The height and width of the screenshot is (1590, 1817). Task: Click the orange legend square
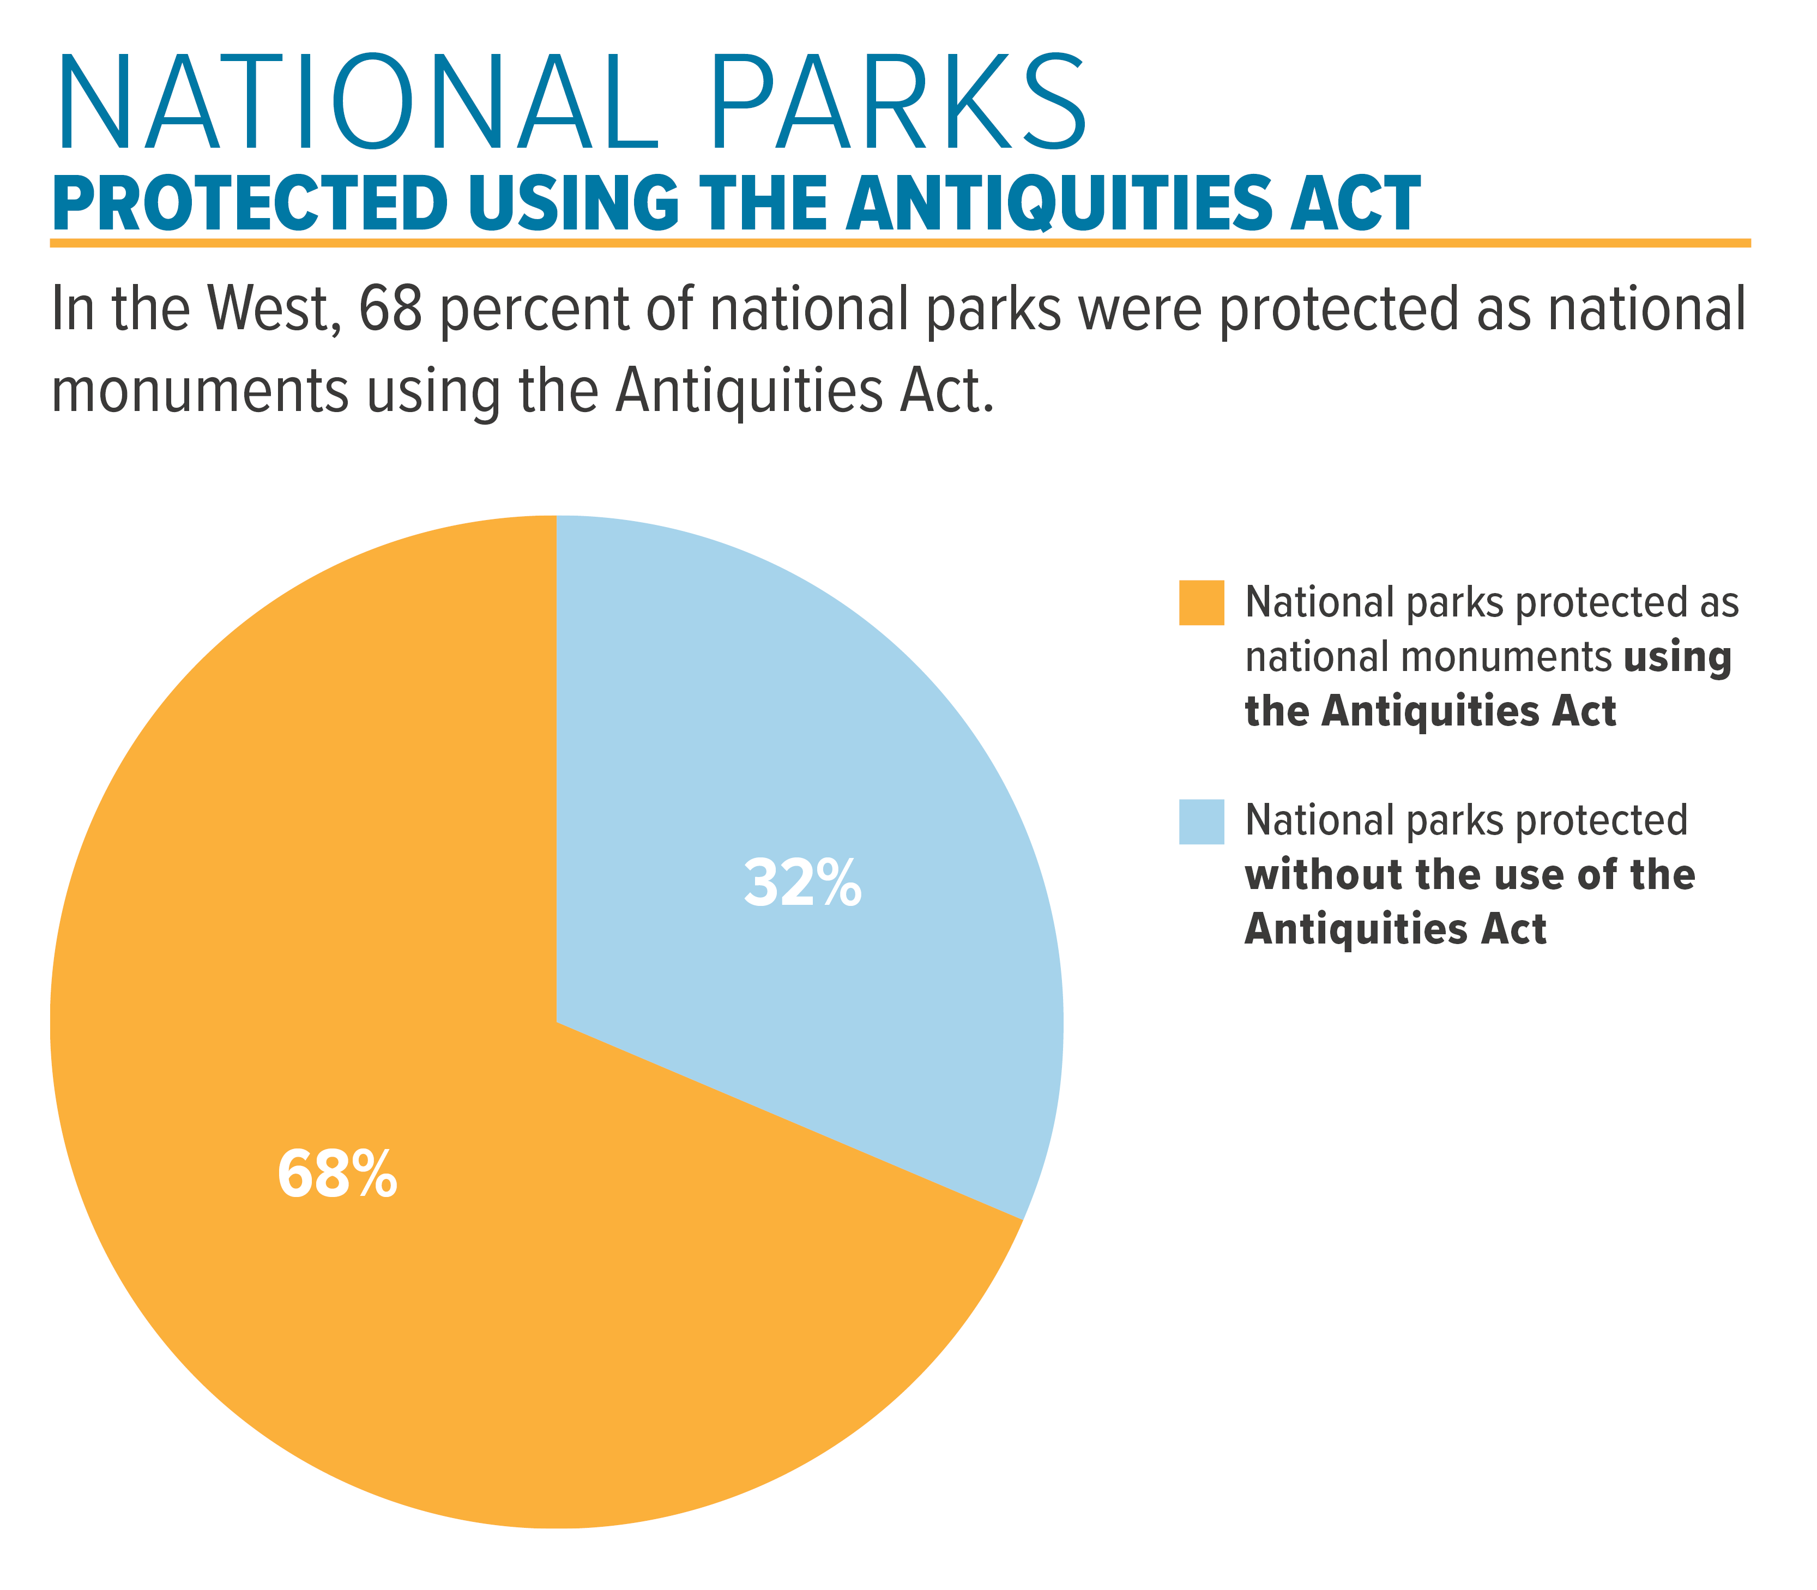1202,602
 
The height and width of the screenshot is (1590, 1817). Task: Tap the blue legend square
1202,821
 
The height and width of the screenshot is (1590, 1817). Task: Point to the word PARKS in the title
900,105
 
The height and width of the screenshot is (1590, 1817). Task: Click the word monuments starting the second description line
200,391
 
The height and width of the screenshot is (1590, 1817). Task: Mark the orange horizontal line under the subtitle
901,242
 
